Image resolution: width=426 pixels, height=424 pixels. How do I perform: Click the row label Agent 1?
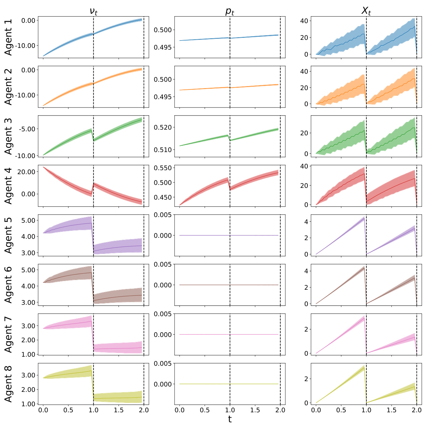tap(8, 37)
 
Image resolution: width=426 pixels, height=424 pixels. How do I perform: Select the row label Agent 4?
tap(8, 186)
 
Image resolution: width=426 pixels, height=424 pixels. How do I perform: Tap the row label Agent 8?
tap(8, 384)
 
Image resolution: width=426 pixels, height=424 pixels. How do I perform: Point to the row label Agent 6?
tap(8, 285)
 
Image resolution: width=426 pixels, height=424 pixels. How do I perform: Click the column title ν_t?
tap(93, 11)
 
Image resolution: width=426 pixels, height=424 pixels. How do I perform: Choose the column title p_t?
tap(230, 11)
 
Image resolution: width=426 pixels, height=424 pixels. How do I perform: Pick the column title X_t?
tap(366, 11)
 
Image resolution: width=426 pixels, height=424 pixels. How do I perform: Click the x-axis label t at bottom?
tap(230, 419)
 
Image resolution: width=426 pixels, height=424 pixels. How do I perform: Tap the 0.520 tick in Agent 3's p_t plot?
tap(163, 127)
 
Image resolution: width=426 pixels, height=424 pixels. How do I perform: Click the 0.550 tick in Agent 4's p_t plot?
tap(163, 168)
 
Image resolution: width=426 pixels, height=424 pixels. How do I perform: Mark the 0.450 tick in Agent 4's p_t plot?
tap(163, 197)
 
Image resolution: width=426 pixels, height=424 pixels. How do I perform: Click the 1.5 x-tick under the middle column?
tap(255, 410)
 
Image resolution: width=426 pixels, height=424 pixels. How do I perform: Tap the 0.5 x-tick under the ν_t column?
tap(68, 410)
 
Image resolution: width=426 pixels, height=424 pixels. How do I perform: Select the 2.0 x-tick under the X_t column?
tap(417, 410)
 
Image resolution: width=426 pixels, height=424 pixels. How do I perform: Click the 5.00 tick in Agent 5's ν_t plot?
tap(28, 220)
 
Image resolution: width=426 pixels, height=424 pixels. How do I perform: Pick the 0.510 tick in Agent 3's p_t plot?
tap(163, 150)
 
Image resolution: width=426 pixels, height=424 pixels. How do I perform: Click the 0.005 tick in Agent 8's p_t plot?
tap(163, 363)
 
